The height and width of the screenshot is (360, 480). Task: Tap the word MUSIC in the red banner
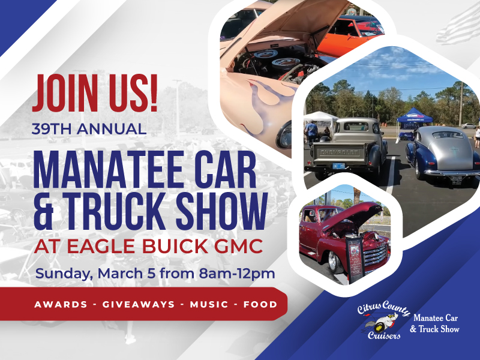(209, 305)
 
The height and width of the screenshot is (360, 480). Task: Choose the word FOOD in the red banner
(260, 305)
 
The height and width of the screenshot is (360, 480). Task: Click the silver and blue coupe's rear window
(448, 134)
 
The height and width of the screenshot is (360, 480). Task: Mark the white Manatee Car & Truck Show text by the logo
(436, 323)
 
